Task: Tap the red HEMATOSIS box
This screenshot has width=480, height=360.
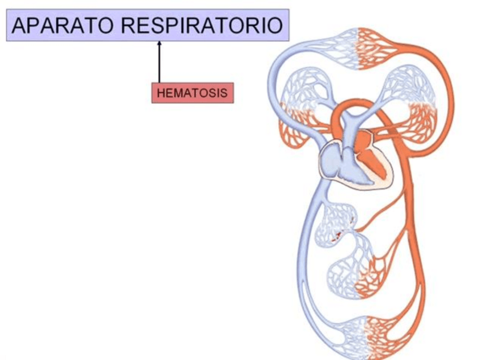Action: (192, 93)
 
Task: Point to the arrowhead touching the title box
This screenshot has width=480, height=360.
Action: (160, 44)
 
